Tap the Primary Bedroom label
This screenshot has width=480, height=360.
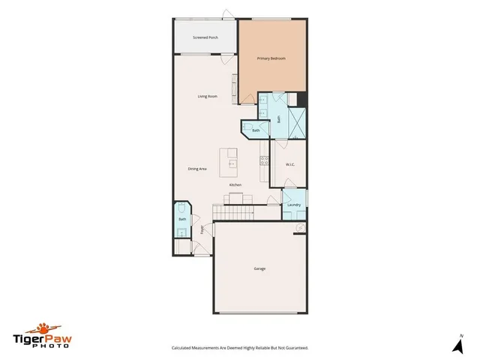point(271,58)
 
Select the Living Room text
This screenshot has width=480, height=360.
point(207,97)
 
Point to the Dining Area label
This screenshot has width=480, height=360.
point(197,169)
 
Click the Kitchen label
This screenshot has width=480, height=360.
point(235,184)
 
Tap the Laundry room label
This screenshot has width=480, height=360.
point(294,205)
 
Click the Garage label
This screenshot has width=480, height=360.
point(259,268)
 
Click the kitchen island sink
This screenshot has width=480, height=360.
point(232,162)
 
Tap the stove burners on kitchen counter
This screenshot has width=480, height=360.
point(264,160)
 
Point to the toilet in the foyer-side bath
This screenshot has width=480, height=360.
point(182,208)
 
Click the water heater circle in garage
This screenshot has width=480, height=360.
point(299,227)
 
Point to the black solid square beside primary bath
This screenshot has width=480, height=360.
point(301,99)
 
